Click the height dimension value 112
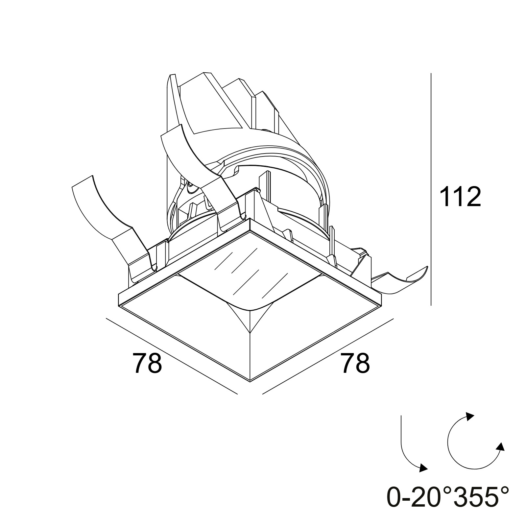pos(460,197)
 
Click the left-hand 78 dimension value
pos(147,363)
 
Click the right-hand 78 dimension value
pos(355,363)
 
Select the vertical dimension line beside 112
pos(431,189)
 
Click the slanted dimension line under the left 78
pos(171,356)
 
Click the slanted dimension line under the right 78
pos(328,356)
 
